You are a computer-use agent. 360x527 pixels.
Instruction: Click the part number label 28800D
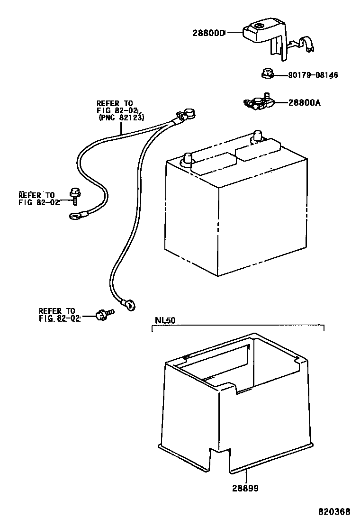[x=209, y=33]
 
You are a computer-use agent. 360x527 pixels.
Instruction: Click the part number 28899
[x=245, y=488]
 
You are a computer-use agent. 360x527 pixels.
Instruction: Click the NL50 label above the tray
[x=165, y=320]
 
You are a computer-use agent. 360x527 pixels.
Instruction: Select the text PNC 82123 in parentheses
[x=121, y=117]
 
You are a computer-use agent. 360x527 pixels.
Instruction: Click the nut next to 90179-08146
[x=267, y=74]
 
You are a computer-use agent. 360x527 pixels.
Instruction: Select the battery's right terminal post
[x=258, y=135]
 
